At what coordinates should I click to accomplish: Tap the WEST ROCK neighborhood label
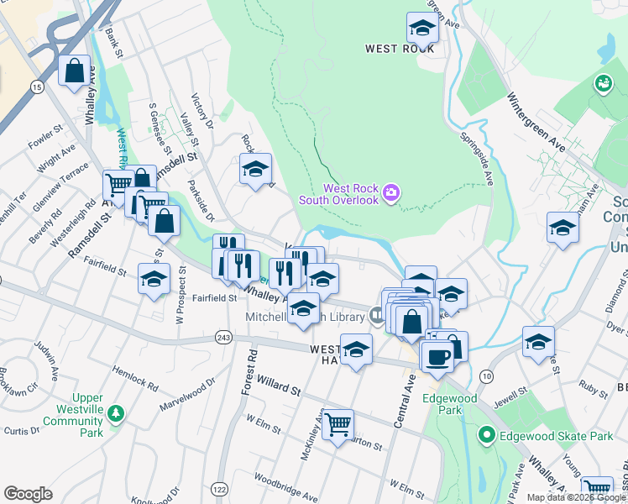[x=400, y=49]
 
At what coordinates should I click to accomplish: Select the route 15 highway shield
[x=36, y=87]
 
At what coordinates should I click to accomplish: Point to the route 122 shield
[x=220, y=489]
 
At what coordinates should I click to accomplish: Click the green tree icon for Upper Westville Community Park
[x=117, y=413]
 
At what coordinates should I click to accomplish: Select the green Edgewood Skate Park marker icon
[x=485, y=436]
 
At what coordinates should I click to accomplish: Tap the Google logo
[x=28, y=494]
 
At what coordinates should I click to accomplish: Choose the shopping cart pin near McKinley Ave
[x=338, y=425]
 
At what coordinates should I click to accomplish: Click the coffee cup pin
[x=437, y=356]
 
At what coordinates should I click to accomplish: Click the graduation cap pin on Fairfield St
[x=154, y=280]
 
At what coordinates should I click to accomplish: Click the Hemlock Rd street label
[x=134, y=377]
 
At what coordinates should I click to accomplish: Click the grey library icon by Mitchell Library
[x=377, y=316]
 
